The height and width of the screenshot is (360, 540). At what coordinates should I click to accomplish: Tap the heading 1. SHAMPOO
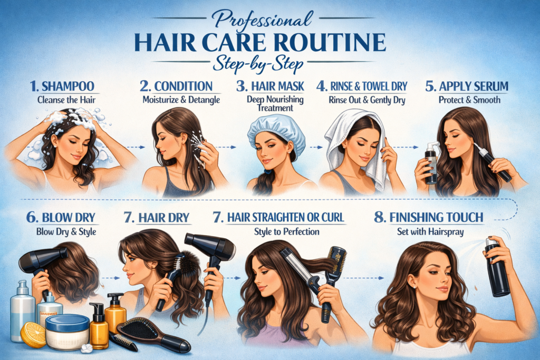click(x=62, y=86)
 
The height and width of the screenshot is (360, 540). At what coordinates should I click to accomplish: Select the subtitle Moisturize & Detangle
click(x=181, y=100)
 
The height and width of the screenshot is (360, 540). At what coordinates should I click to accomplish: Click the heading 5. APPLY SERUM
click(x=467, y=86)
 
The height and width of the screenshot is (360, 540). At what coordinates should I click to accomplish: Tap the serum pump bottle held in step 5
click(x=431, y=163)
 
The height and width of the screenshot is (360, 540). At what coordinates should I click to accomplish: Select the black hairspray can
click(x=496, y=267)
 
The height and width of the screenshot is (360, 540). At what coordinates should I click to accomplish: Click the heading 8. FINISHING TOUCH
click(x=429, y=218)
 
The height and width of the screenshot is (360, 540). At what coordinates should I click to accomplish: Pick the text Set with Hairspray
click(x=430, y=231)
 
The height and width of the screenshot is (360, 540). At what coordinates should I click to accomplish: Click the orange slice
click(x=33, y=335)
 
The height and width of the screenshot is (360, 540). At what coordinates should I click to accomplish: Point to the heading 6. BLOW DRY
click(x=61, y=218)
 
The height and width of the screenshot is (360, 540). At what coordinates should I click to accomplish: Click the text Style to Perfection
click(x=286, y=231)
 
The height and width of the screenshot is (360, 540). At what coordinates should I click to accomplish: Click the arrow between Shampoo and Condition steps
click(x=136, y=147)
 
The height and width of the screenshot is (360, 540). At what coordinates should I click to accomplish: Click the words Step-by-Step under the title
click(x=258, y=64)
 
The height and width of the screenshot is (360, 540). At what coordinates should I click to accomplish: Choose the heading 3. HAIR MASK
click(x=271, y=86)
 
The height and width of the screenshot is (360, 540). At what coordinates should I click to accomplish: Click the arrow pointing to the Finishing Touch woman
click(x=364, y=278)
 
